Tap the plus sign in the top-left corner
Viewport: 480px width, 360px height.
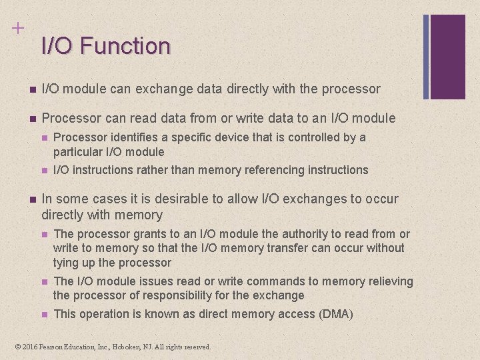point(17,28)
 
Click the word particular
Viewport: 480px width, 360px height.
point(77,152)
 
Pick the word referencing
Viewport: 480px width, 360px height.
point(276,170)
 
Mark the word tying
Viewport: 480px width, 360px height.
point(65,262)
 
